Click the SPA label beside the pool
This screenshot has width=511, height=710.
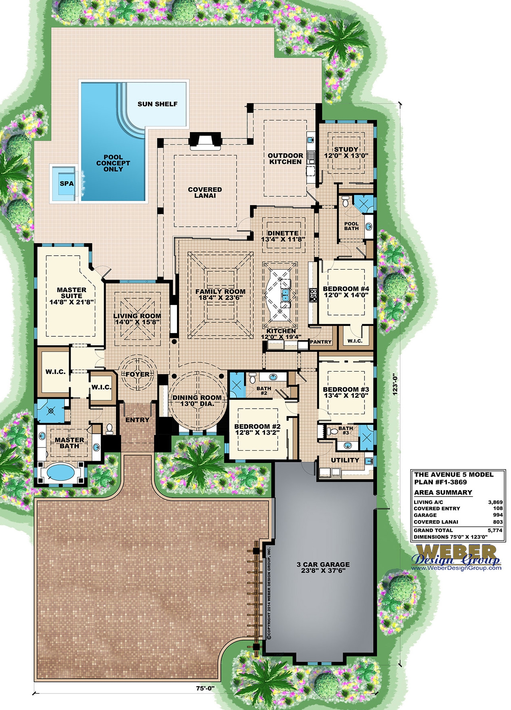[67, 184]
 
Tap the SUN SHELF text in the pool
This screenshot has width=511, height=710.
[157, 104]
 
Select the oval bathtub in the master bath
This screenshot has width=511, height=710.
[60, 472]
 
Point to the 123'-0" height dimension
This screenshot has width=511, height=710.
[395, 384]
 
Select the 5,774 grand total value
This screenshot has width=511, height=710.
[495, 530]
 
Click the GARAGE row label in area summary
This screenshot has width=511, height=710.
[425, 515]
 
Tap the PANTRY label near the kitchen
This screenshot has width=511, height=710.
[321, 342]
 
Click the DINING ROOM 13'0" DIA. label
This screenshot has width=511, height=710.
[197, 401]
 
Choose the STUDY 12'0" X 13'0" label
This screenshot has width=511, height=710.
[346, 153]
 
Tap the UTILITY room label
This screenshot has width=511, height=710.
[345, 460]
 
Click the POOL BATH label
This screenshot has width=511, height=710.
[351, 226]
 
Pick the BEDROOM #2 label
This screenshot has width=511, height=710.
[257, 429]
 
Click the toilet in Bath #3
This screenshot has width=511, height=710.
[333, 432]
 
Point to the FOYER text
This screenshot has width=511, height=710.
[137, 374]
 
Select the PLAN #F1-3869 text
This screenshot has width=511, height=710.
[440, 482]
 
